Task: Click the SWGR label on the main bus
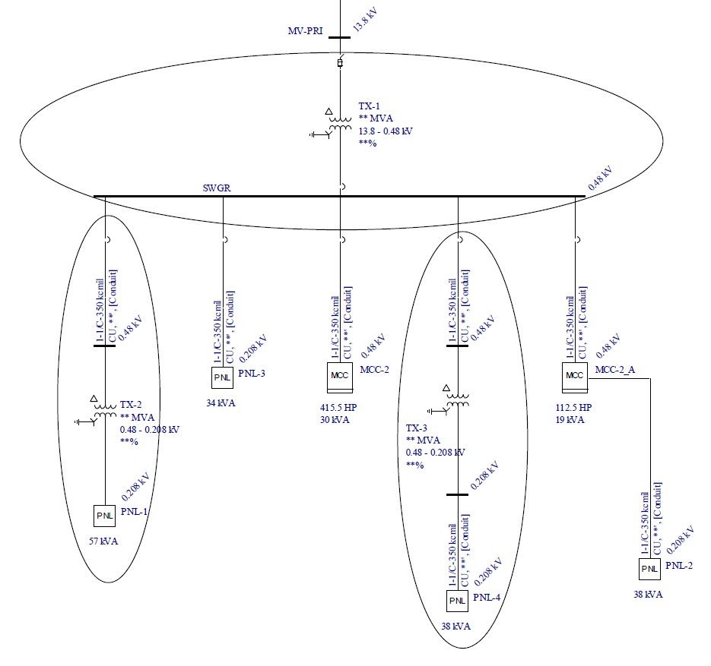click(x=216, y=188)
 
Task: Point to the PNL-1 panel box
click(x=104, y=516)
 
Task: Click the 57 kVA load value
click(x=103, y=541)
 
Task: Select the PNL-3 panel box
click(x=222, y=377)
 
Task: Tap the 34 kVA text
click(x=221, y=402)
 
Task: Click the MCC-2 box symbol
click(x=338, y=375)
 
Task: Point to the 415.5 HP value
click(x=338, y=408)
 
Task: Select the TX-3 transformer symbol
click(x=456, y=400)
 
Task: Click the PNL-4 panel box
click(x=456, y=601)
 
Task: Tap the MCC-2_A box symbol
click(x=574, y=374)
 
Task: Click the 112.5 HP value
click(x=573, y=408)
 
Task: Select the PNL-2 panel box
click(x=649, y=569)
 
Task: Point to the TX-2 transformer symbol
click(x=103, y=410)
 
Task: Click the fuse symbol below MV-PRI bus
click(x=339, y=63)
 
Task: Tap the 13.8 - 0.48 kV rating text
click(x=386, y=131)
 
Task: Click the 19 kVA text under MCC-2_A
click(x=570, y=419)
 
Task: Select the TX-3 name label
click(x=417, y=428)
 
